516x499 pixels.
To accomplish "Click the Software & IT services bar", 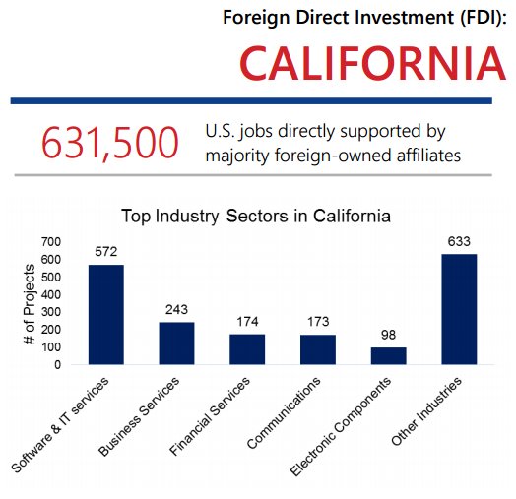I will tap(106, 314).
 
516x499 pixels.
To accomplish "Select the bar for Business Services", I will tap(176, 343).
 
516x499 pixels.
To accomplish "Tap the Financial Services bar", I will tap(247, 348).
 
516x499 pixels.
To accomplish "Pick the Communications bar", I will tap(318, 349).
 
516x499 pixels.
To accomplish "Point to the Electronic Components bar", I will tap(388, 355).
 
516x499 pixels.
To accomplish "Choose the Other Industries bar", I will tap(459, 309).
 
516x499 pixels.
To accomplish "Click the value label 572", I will tap(106, 251).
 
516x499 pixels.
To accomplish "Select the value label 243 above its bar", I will tap(177, 309).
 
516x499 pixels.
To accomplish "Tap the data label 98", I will tap(388, 335).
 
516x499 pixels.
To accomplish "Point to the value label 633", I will tap(459, 240).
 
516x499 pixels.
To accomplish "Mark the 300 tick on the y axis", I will tap(50, 312).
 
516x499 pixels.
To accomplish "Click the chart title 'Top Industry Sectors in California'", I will tap(255, 215).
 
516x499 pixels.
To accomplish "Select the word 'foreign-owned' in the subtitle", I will tap(321, 155).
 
